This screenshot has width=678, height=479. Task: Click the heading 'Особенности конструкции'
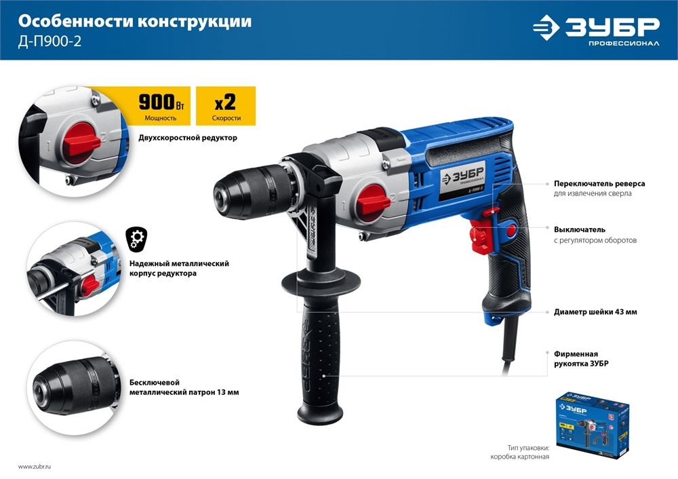[x=134, y=22]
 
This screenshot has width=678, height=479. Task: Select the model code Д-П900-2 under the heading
[x=50, y=42]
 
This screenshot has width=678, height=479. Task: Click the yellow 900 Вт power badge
[x=160, y=105]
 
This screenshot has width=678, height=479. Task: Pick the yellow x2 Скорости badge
[x=225, y=105]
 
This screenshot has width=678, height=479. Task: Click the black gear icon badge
[x=136, y=239]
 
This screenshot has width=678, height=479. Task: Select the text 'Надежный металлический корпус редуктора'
[x=179, y=268]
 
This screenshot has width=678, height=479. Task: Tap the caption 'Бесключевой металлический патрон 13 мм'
[x=184, y=387]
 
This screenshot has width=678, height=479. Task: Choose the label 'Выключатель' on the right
[x=579, y=229]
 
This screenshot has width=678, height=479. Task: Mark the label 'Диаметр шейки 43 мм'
[x=595, y=312]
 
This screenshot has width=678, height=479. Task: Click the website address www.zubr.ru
[x=35, y=467]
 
